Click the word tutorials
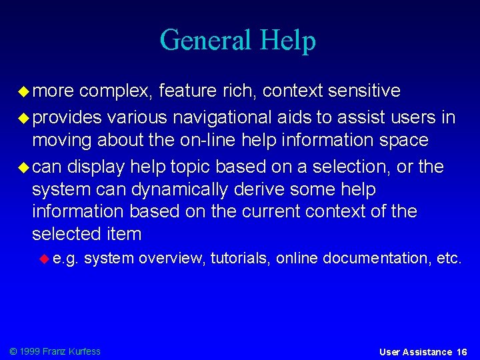240,258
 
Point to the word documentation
377,258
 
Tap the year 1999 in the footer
31,351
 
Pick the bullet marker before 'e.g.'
45,258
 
